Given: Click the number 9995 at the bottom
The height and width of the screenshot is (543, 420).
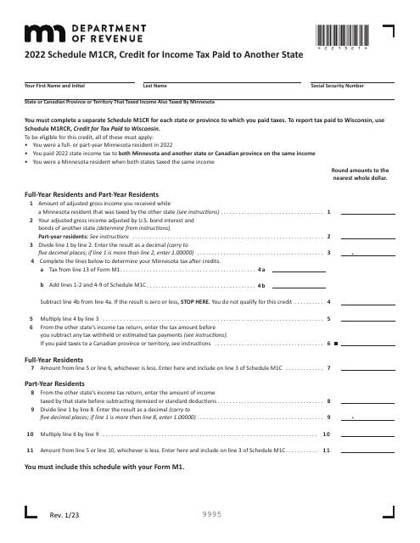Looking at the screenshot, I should click(x=210, y=512).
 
